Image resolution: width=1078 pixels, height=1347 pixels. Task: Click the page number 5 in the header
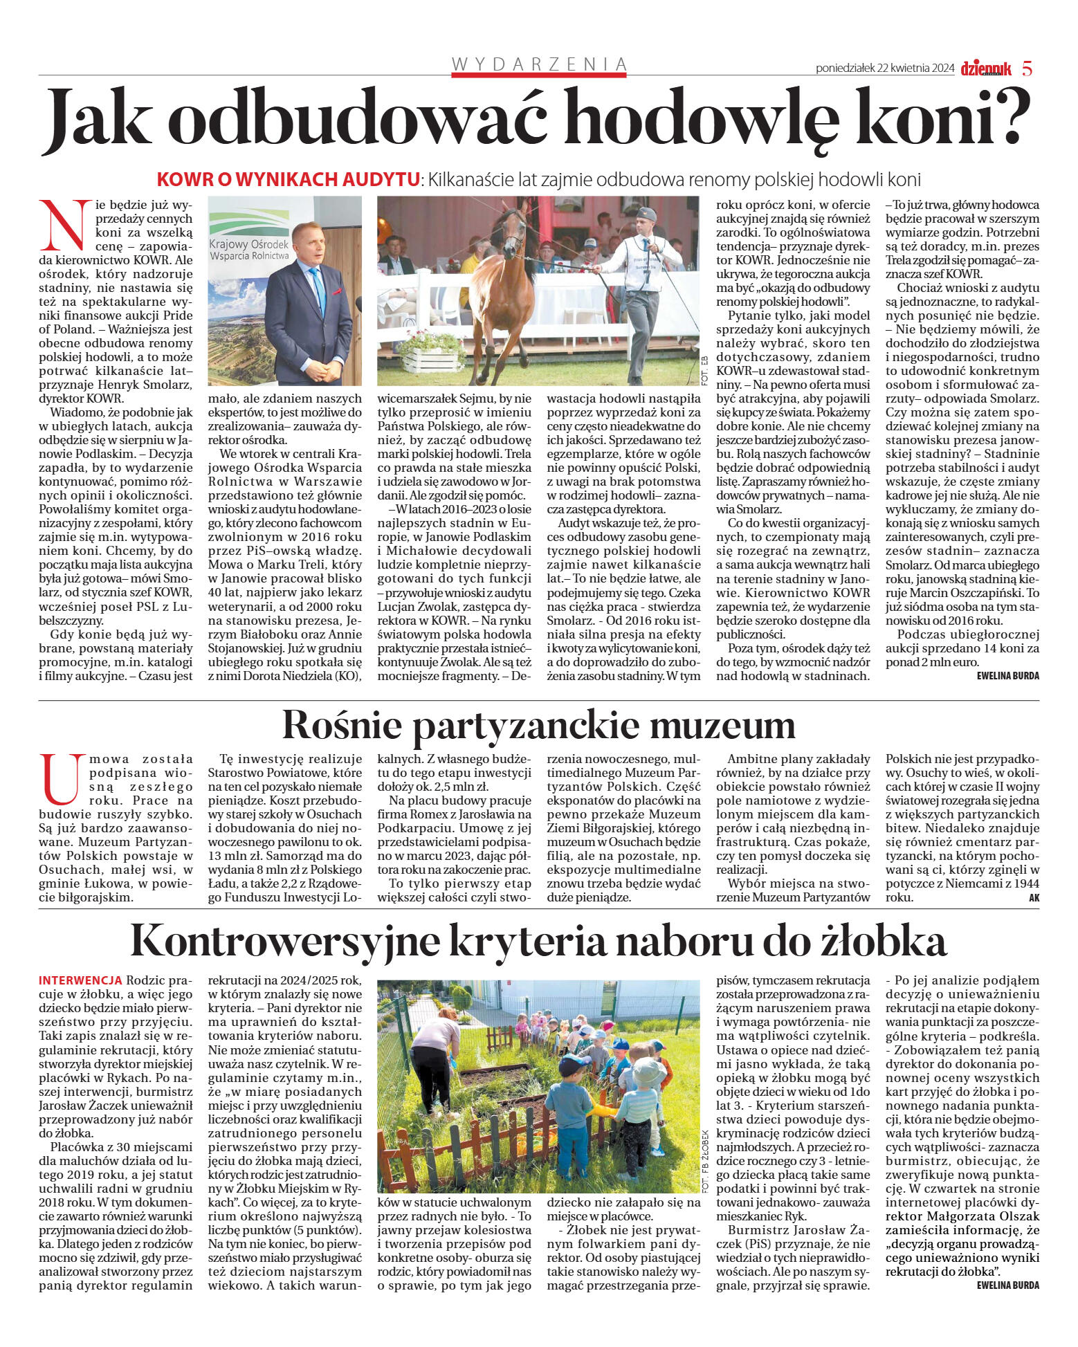[x=1027, y=68]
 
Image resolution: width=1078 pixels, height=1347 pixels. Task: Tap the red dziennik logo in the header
[x=986, y=68]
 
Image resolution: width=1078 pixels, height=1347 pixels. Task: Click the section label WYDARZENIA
[x=539, y=64]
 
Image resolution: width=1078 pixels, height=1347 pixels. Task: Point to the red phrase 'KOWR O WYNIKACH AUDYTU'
[x=289, y=179]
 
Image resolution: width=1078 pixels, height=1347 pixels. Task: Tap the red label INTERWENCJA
[x=80, y=980]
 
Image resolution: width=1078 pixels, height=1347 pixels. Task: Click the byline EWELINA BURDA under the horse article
[x=1007, y=676]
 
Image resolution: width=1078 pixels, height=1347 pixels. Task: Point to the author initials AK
[x=1034, y=898]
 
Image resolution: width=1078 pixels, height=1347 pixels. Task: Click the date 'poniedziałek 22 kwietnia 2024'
[x=884, y=68]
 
